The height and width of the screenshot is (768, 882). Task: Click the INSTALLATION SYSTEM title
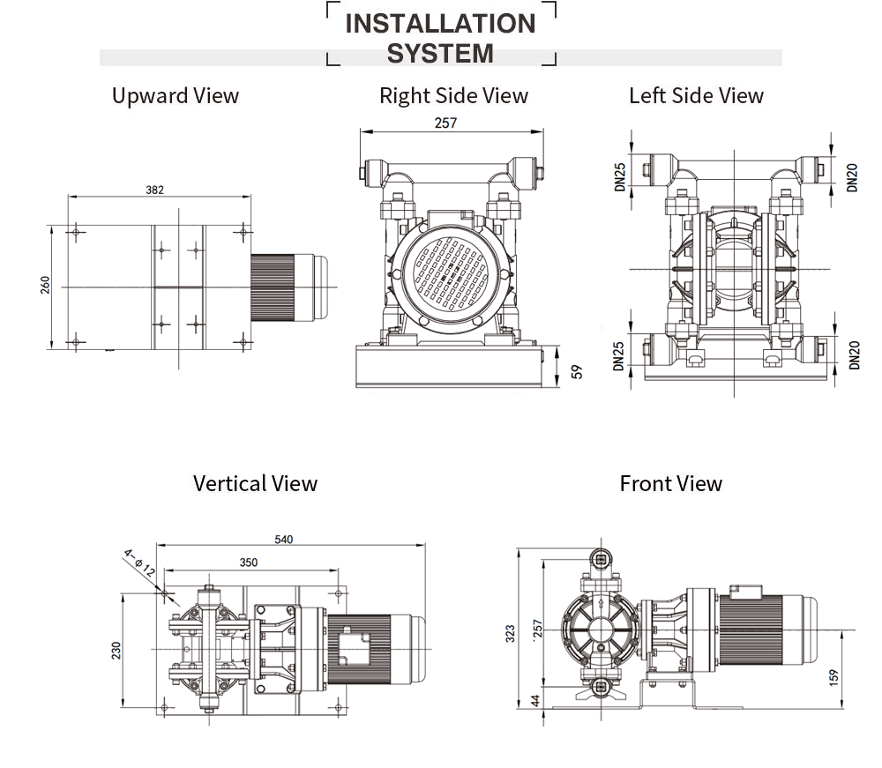tap(440, 37)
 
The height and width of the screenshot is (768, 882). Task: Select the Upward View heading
tap(175, 96)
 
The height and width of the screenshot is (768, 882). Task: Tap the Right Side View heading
tap(453, 96)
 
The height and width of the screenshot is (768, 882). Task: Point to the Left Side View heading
tap(696, 96)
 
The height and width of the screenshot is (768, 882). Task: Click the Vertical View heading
tap(255, 483)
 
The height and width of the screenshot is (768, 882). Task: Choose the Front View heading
tap(670, 483)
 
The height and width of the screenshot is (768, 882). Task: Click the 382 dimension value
tap(155, 190)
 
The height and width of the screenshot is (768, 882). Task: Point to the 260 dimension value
tap(45, 286)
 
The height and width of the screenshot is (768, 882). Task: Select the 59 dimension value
tap(578, 371)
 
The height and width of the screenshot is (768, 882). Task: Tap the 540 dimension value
tap(283, 540)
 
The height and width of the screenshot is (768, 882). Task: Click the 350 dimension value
tap(249, 562)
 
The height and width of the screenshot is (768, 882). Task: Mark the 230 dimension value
tap(116, 650)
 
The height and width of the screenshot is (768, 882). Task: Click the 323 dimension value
tap(510, 634)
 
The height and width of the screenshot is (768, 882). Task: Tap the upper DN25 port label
tap(620, 175)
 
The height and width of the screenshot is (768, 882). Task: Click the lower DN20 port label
tap(853, 354)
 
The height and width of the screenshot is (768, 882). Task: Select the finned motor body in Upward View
tap(273, 287)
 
